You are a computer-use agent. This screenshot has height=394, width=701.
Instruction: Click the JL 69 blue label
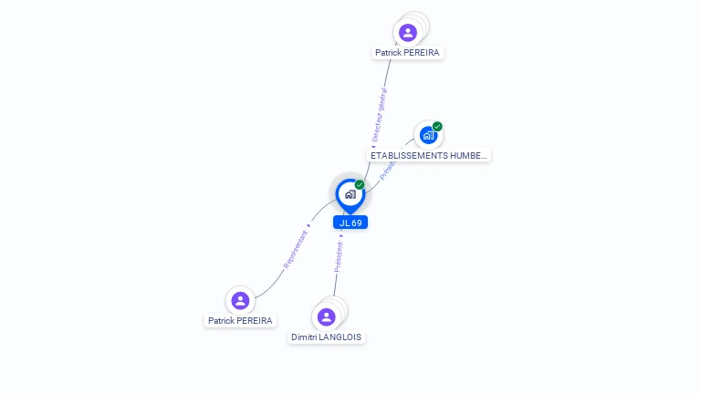click(350, 223)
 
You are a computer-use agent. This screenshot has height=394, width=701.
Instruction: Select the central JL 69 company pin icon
click(350, 194)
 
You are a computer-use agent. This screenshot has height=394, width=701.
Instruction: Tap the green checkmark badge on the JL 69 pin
click(360, 185)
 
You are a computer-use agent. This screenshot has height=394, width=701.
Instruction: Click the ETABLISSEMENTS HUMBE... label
click(429, 155)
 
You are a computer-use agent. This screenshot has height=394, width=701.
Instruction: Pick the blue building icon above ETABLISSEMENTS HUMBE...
click(427, 135)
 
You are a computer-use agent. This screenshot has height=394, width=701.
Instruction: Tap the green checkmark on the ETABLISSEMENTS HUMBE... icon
click(437, 127)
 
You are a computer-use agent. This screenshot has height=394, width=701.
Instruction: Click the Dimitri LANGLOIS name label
click(326, 337)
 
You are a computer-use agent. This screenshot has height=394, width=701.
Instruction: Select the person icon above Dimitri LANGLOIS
click(326, 316)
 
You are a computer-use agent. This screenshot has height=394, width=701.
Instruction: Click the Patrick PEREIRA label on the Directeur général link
click(407, 53)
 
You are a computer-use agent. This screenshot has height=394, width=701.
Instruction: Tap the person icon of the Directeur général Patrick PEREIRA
click(407, 33)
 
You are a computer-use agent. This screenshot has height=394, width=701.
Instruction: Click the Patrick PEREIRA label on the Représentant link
click(240, 321)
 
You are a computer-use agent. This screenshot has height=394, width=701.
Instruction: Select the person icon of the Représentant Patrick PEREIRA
click(240, 300)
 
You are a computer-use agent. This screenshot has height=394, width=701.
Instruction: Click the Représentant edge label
click(296, 248)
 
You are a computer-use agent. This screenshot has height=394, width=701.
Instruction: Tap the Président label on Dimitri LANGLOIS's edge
click(339, 257)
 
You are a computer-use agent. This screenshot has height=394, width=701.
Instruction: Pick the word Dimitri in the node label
click(303, 337)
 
